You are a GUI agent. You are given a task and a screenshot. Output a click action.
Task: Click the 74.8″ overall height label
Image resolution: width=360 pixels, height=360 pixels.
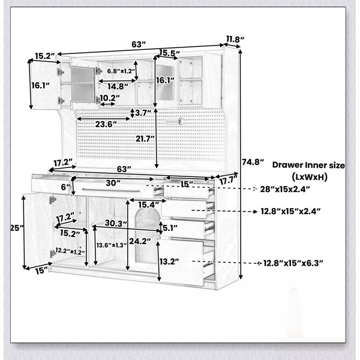pos(253,162)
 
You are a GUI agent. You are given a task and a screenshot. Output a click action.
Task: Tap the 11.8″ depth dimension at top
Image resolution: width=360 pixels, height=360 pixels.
pos(235,39)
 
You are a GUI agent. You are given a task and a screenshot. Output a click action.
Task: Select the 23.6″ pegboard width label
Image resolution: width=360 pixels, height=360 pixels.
pos(106,124)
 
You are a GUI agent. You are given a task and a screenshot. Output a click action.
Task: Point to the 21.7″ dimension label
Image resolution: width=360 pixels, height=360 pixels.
pos(145,139)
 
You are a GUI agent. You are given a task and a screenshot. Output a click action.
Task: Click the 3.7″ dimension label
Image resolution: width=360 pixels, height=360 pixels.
pos(143,113)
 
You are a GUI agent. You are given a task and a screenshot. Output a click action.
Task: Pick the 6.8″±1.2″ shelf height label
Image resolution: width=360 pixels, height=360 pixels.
pos(121,71)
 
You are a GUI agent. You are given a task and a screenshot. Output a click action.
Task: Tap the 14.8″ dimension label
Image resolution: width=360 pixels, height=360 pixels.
pos(118,86)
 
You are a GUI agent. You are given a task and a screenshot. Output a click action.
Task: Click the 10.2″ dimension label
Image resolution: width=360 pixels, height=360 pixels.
pos(110,98)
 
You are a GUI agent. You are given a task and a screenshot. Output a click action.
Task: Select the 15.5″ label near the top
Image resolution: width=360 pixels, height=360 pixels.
pos(169,53)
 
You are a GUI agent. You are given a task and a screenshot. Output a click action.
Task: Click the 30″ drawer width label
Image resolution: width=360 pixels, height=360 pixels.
pos(113,183)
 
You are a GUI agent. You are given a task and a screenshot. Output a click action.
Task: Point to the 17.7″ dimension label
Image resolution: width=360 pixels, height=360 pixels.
pos(228,181)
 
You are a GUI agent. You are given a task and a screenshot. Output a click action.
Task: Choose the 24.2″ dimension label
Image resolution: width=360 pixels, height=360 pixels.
pos(140,241)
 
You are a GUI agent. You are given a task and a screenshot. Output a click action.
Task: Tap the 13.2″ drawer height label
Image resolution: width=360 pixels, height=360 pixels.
pos(169,262)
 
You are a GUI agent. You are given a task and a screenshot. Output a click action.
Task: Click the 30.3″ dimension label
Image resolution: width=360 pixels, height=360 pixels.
pos(116,223)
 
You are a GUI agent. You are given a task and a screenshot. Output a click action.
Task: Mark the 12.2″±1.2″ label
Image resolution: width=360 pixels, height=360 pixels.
pos(70,251)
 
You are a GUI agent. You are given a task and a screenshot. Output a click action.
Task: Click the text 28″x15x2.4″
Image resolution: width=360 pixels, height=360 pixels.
pos(285,190)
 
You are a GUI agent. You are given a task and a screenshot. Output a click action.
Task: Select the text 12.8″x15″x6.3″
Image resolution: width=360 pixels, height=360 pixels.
pos(293,263)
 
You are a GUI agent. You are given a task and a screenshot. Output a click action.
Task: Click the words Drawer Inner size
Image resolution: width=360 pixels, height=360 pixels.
pos(308,165)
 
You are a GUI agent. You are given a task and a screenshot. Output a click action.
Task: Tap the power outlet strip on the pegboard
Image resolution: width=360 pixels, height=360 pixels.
pos(174,121)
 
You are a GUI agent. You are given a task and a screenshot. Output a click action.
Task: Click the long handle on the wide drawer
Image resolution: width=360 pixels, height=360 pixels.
pos(111,190)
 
